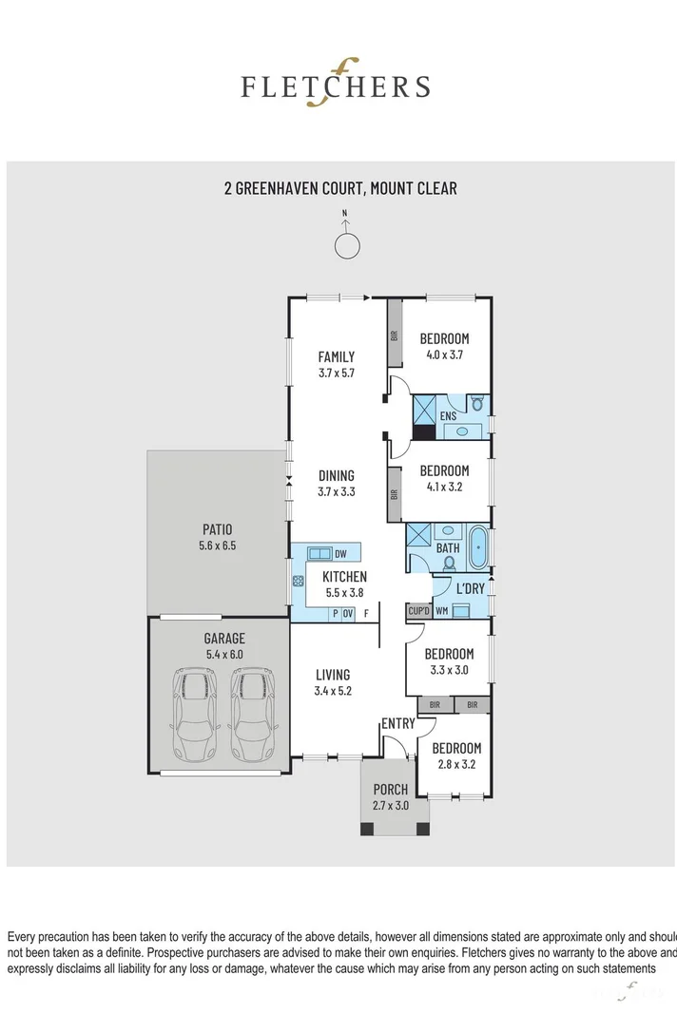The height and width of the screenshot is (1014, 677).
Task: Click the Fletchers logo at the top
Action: pyautogui.click(x=335, y=86)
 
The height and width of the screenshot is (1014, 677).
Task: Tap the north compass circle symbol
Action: pyautogui.click(x=347, y=246)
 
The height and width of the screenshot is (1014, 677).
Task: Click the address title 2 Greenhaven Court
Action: pyautogui.click(x=340, y=188)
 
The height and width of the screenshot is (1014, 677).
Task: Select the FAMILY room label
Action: pyautogui.click(x=337, y=357)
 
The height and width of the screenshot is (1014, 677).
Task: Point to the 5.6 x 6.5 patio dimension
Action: pyautogui.click(x=217, y=545)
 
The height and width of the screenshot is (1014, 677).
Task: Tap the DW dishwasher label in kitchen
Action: pyautogui.click(x=340, y=553)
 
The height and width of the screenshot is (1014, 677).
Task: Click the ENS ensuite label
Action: pyautogui.click(x=449, y=416)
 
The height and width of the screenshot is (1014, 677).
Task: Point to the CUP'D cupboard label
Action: pyautogui.click(x=418, y=611)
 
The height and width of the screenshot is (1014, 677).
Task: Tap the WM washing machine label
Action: pyautogui.click(x=441, y=611)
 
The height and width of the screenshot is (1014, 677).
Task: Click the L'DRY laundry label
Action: pyautogui.click(x=470, y=589)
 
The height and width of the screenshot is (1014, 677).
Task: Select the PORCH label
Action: pyautogui.click(x=391, y=790)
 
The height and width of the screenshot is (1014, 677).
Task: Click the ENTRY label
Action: pyautogui.click(x=398, y=724)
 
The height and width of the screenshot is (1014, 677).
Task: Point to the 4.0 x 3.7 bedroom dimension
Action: pyautogui.click(x=445, y=355)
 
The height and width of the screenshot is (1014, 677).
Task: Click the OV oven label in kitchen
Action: pyautogui.click(x=348, y=613)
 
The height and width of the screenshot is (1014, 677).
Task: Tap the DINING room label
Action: pyautogui.click(x=337, y=476)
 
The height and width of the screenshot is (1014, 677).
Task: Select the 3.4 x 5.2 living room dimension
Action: pyautogui.click(x=334, y=691)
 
